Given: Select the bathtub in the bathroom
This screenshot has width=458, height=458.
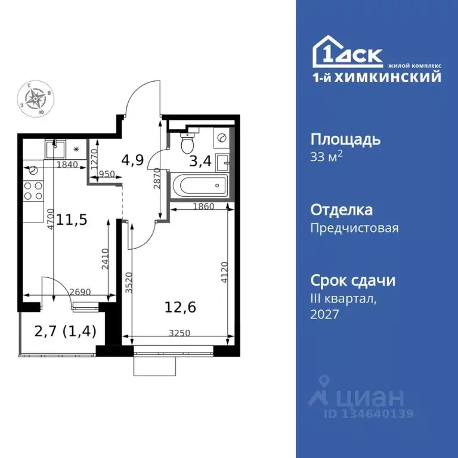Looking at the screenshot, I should point(200,185).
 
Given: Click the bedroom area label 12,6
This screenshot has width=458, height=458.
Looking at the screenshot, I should point(180,308).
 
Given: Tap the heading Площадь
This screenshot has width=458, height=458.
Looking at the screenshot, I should point(345,140).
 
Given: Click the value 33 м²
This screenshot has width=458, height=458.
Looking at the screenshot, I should point(327,157).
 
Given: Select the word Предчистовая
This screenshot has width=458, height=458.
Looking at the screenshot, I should point(354,228).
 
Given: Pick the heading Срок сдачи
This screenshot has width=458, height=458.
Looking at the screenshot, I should point(353,280).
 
